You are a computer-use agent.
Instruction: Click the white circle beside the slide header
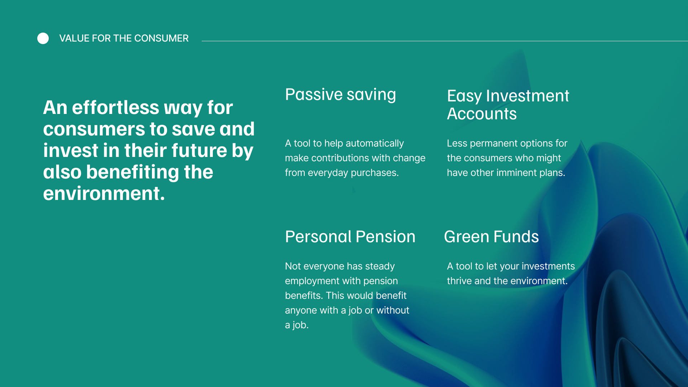43,38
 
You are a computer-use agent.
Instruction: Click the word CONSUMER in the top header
161,38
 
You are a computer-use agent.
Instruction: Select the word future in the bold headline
199,150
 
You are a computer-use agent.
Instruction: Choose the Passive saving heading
340,95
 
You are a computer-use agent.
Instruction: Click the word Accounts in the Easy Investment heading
482,114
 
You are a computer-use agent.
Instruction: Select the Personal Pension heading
350,237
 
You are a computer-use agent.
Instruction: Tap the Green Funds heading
491,237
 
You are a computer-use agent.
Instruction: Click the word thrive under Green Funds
459,281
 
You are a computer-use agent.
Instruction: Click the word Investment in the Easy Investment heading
527,96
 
